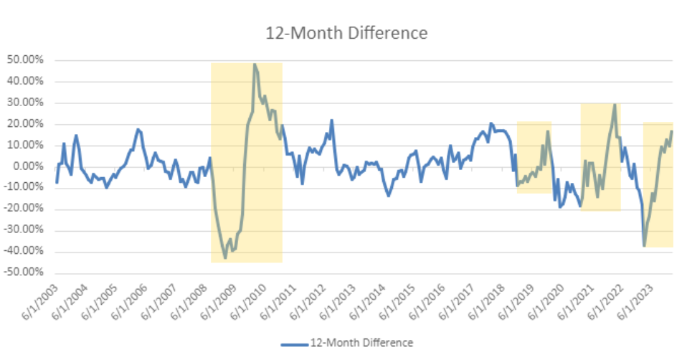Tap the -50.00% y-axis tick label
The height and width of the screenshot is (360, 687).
[24, 273]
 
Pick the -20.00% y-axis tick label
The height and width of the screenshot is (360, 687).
[24, 209]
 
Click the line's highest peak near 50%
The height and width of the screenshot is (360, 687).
[254, 65]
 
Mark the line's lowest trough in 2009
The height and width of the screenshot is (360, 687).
[225, 257]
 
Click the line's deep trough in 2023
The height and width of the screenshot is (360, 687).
[645, 246]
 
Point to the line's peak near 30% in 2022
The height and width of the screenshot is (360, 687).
[615, 105]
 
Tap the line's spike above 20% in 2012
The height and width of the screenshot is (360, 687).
[331, 120]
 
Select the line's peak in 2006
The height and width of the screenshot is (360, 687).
[138, 129]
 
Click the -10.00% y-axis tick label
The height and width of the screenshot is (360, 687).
[24, 188]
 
